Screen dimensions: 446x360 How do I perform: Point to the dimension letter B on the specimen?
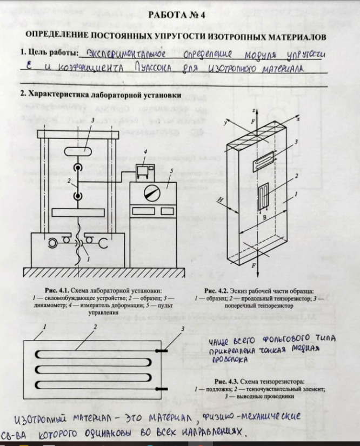pyautogui.click(x=265, y=218)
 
